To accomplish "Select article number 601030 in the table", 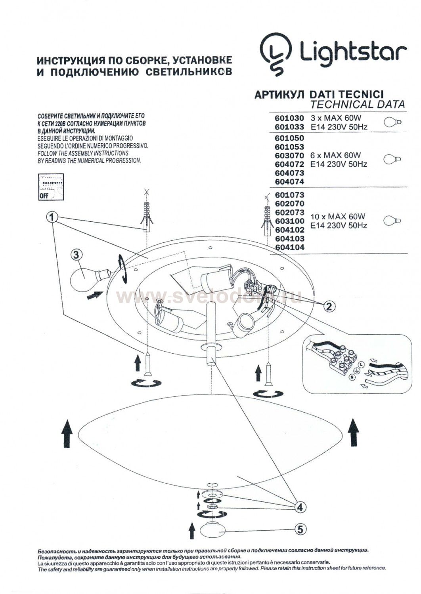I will pos(289,118).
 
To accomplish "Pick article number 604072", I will pos(289,164).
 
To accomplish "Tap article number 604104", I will pos(289,247).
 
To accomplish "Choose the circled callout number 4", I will pos(300,506).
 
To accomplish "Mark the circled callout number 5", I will pos(300,528).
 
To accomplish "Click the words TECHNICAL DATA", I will pos(358,105).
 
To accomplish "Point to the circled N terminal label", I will pos(351,378).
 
